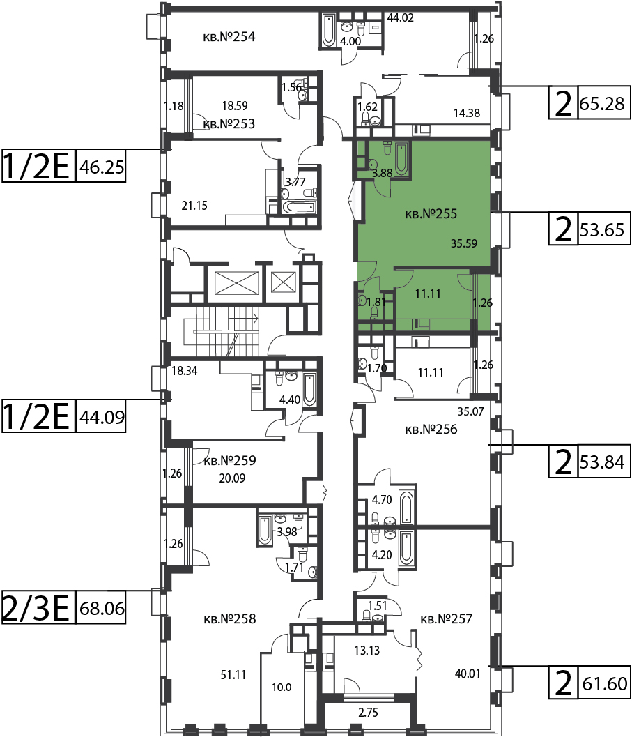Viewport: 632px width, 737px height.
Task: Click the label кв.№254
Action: coord(229,37)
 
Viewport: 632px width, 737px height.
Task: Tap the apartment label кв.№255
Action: coord(431,214)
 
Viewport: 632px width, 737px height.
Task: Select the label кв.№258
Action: coord(230,618)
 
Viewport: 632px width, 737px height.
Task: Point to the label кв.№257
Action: coord(446,618)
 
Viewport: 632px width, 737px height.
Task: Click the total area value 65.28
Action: coord(602,103)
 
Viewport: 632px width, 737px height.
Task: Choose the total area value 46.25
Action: coord(102,167)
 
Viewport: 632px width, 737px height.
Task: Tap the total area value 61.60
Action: coord(605,683)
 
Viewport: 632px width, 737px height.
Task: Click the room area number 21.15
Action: coord(194,206)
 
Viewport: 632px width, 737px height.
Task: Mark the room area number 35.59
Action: coord(464,243)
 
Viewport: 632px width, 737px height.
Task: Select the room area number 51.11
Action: coord(233,675)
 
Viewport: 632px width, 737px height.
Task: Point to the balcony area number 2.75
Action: coord(368,713)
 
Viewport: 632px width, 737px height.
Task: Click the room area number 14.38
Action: coord(467,113)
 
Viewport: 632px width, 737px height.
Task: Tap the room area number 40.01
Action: coord(468,674)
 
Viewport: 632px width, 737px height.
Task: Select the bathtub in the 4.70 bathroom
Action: coord(406,508)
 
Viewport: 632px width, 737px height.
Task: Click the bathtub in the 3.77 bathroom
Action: coord(299,207)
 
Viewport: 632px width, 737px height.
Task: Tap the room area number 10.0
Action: coord(282,687)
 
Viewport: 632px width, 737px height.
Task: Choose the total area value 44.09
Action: coord(102,417)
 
